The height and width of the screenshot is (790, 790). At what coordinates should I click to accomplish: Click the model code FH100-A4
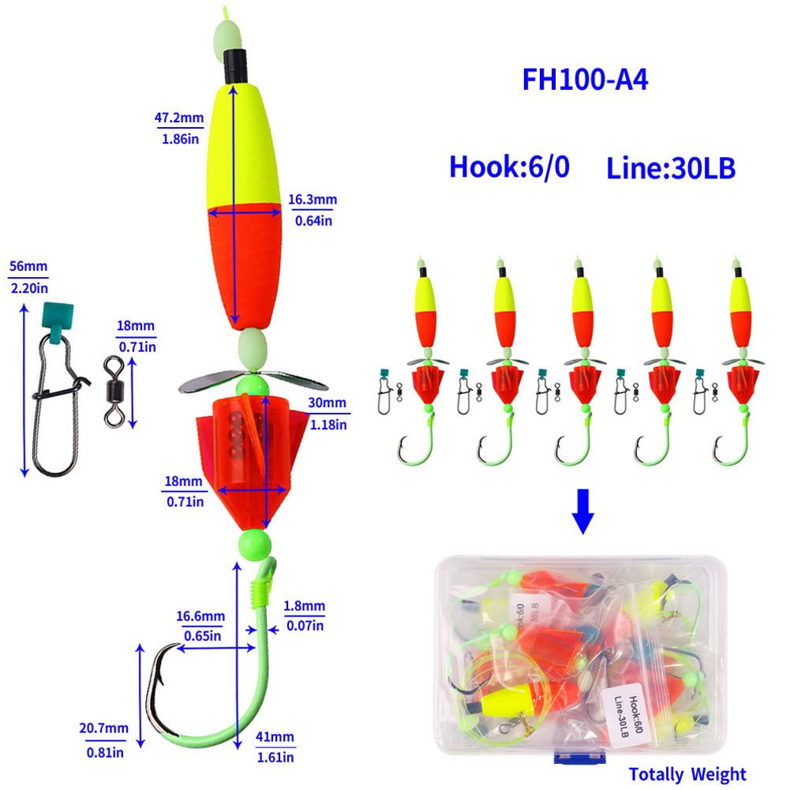[x=585, y=80]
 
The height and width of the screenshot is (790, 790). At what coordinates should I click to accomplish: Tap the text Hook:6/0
[x=509, y=167]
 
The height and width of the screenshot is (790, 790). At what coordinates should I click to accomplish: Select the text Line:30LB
[x=671, y=167]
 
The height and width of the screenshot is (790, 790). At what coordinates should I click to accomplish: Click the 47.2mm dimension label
[x=179, y=118]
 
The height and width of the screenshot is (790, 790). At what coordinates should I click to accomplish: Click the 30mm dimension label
[x=328, y=403]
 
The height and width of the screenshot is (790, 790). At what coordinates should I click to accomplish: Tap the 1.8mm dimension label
[x=305, y=606]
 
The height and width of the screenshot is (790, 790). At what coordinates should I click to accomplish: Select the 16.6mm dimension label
[x=200, y=616]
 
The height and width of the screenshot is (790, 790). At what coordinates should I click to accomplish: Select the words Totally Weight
[x=687, y=774]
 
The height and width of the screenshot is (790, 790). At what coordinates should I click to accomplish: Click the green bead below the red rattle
[x=252, y=544]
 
